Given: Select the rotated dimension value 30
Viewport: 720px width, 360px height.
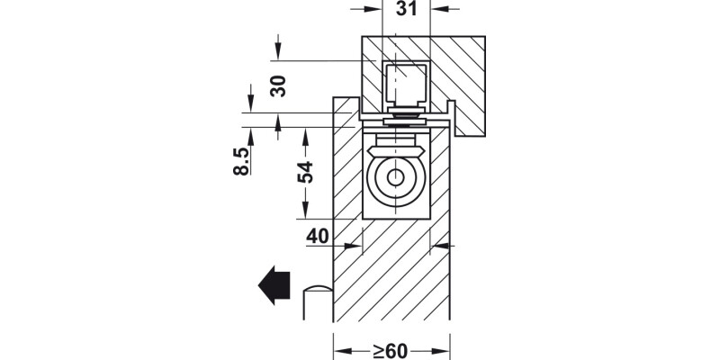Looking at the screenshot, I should (x=278, y=86).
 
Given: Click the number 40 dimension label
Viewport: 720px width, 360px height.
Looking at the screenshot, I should (x=318, y=236).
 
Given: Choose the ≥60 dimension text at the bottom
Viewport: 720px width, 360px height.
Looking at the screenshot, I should (x=390, y=348).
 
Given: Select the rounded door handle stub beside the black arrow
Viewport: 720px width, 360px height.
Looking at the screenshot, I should (x=318, y=301).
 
